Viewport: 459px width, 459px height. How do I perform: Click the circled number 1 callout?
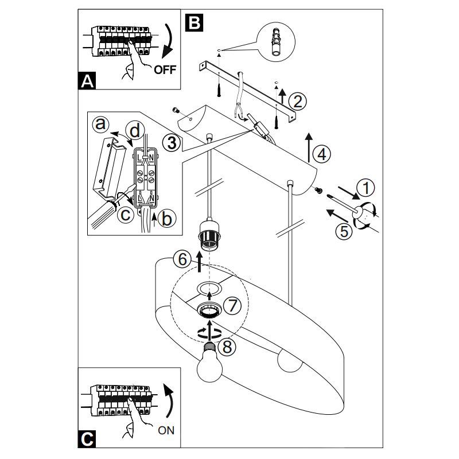point(365,188)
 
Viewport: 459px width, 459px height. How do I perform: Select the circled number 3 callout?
point(171,142)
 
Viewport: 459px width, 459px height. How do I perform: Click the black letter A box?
point(86,81)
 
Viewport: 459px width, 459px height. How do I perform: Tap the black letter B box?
point(194,22)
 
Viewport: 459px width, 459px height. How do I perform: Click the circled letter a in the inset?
point(102,123)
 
